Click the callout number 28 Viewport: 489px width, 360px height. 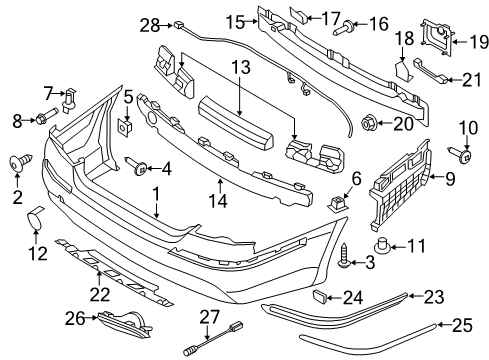coord(150,25)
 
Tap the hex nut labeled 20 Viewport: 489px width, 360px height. coord(369,123)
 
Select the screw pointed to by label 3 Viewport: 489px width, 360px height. coord(343,256)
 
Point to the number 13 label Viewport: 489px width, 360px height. coord(241,67)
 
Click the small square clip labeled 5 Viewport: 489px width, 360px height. coord(126,126)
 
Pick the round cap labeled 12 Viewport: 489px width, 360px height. coord(35,218)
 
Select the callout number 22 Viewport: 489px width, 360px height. coord(100,295)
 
